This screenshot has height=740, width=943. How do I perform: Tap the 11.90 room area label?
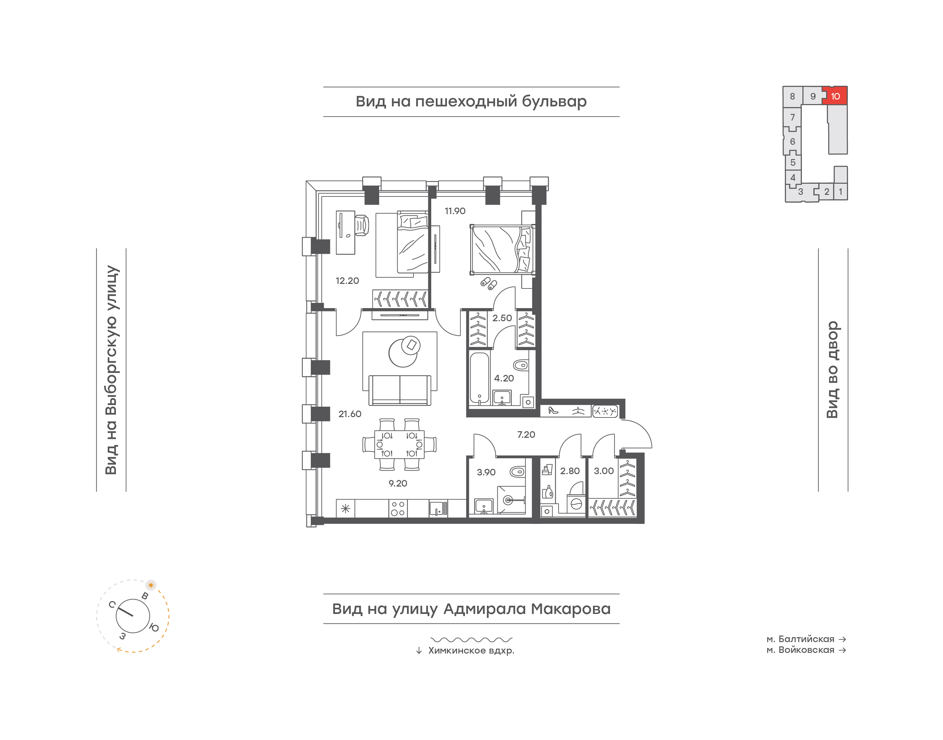pos(455,211)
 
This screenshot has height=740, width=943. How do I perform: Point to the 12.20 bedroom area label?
pos(347,281)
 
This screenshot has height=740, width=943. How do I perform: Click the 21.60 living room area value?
pos(350,414)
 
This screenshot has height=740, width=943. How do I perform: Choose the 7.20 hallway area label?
pos(526,435)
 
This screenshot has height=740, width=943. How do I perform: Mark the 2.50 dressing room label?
pos(502,318)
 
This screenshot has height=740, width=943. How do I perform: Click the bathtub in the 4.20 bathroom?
pos(479,378)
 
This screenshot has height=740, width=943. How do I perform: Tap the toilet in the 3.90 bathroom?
pos(517,472)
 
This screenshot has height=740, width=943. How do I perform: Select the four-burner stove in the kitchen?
pos(398,509)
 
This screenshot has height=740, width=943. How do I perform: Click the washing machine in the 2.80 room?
pos(576,504)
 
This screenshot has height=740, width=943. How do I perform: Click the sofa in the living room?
pos(400,390)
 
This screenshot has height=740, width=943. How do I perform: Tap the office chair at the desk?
pos(362,225)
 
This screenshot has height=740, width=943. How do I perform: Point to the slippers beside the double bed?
pos(489,283)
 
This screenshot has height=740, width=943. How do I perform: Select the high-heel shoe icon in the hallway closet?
pos(553,410)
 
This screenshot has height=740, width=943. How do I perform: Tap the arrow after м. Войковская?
pos(842,650)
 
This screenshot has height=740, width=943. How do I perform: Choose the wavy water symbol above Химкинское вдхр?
pos(471,639)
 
